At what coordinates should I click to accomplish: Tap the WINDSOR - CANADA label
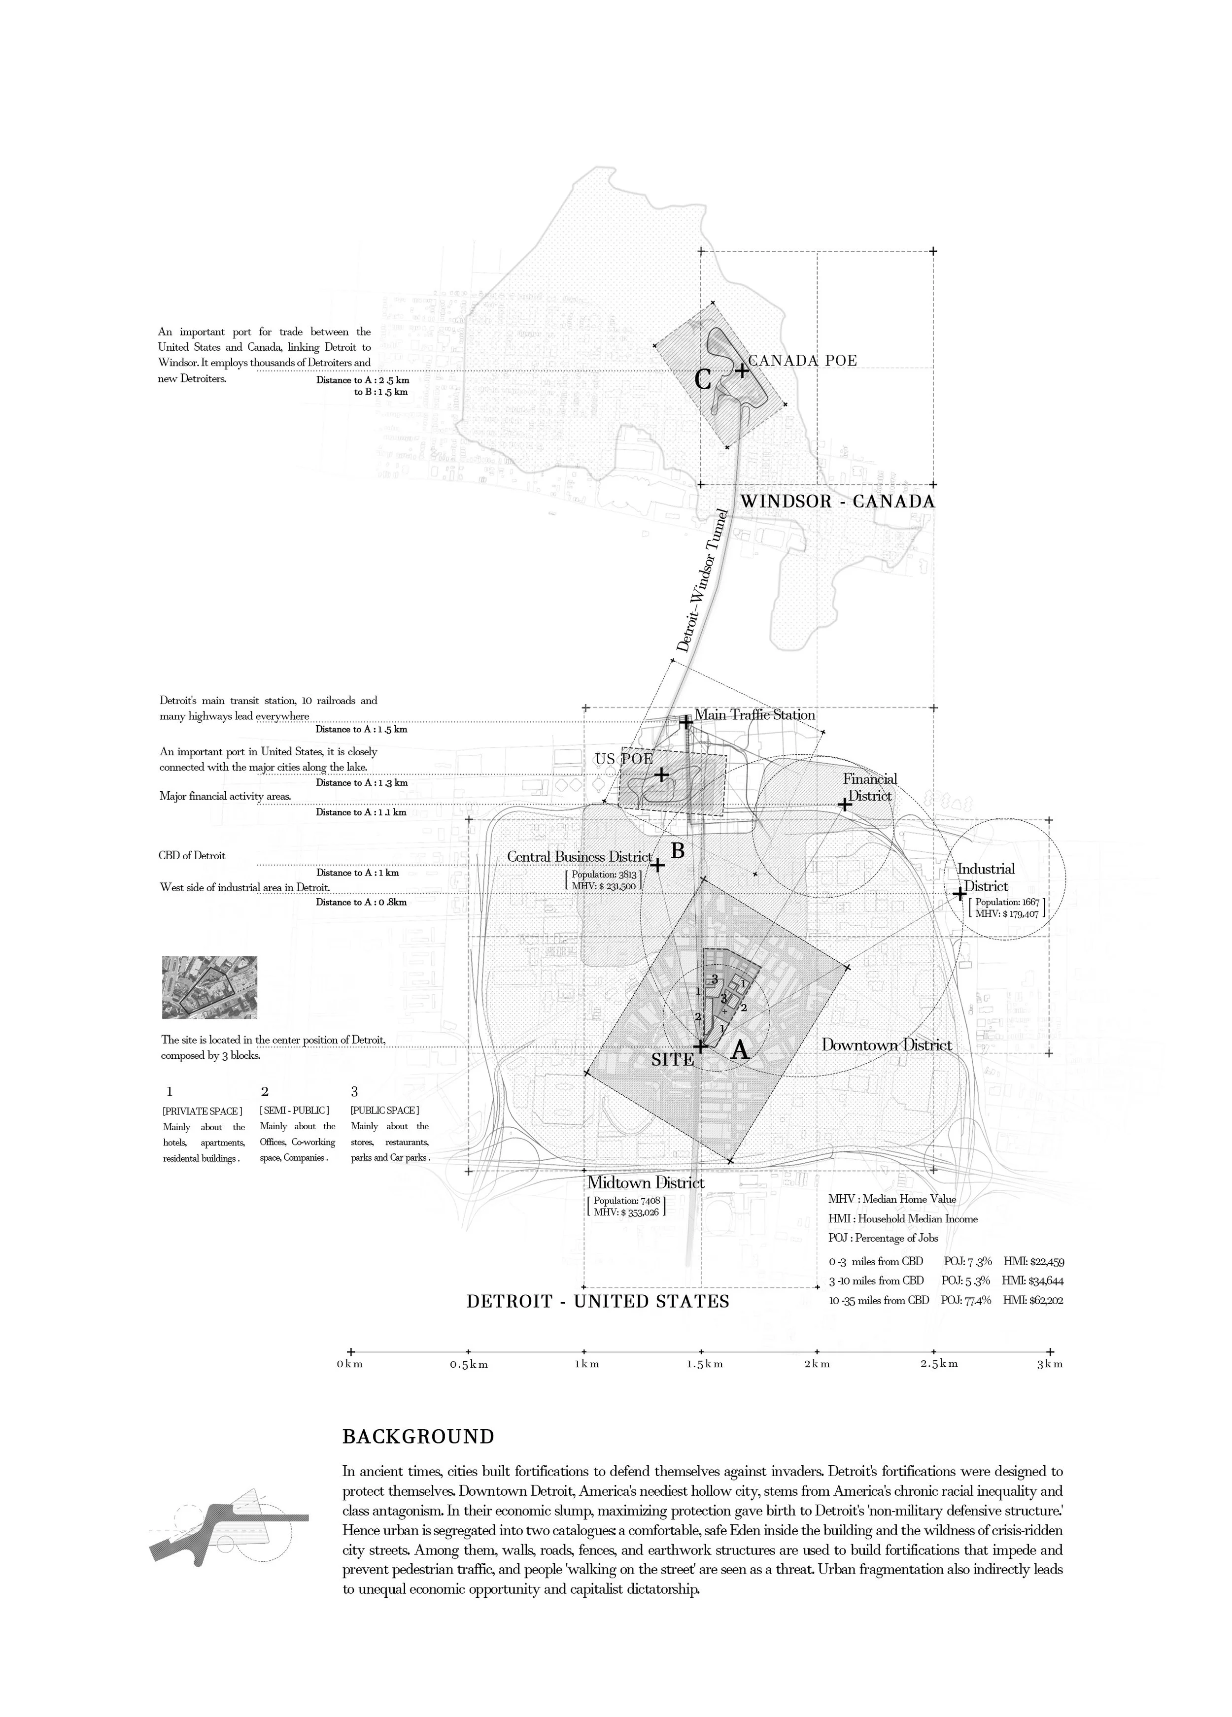(x=837, y=501)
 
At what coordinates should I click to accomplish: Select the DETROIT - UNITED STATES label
(x=597, y=1301)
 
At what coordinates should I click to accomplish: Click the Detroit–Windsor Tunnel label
(x=702, y=581)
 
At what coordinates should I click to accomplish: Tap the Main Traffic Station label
(x=754, y=715)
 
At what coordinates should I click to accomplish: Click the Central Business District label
(x=579, y=856)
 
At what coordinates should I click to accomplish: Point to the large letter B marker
(x=678, y=851)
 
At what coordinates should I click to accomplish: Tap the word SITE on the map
(x=672, y=1060)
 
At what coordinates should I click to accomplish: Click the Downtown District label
(x=886, y=1045)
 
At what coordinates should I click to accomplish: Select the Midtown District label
(x=646, y=1182)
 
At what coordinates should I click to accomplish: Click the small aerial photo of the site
(x=210, y=987)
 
